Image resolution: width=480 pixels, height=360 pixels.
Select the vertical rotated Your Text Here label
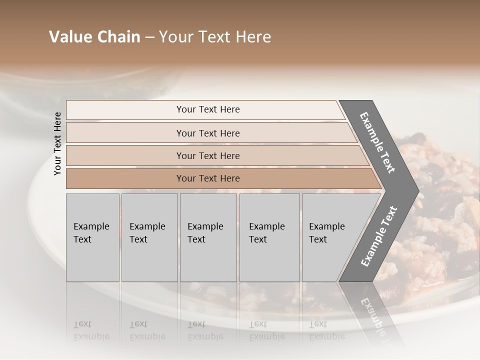pos(57,143)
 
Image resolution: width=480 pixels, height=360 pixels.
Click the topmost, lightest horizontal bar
pos(205,109)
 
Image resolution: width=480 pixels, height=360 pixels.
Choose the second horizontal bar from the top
pos(210,133)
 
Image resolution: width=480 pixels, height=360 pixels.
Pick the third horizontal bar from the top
pos(215,155)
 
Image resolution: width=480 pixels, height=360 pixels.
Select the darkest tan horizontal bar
pos(220,178)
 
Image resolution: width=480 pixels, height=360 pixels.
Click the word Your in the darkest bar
pos(186,178)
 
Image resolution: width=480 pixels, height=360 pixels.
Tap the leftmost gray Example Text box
pos(92,237)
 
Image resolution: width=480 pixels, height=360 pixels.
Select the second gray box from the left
pos(149,237)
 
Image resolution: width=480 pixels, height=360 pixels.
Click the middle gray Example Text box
pos(208,237)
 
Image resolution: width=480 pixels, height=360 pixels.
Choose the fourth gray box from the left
pos(269,237)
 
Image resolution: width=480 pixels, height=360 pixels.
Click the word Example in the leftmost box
pos(91,226)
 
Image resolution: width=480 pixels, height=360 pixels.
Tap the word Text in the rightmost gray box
pos(318,239)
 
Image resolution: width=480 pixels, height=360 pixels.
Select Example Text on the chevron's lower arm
pos(379,236)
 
